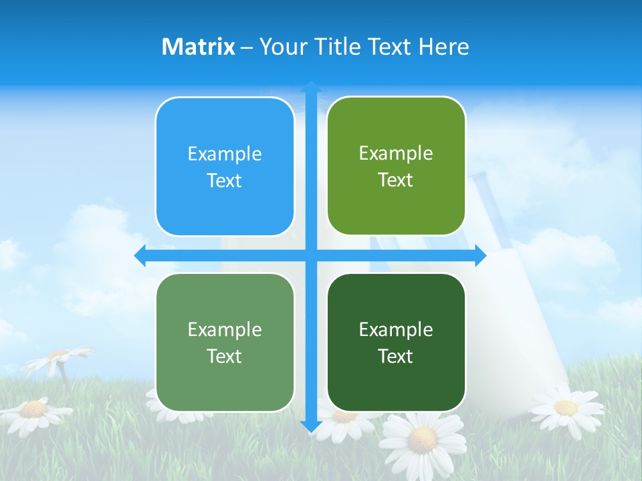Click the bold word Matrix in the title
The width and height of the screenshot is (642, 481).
point(199,47)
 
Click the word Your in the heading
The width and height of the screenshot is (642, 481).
point(283,47)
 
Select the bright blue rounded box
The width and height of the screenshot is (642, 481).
point(225,167)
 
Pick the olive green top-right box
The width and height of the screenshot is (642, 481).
point(396,166)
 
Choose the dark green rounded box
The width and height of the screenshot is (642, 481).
point(396,342)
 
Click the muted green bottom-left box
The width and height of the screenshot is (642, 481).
point(225,343)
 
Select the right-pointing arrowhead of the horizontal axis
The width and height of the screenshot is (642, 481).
point(480,255)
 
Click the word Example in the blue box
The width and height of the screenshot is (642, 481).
point(225,154)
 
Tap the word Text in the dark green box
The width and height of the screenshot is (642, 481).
point(396,356)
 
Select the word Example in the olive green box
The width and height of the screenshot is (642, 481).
point(396,153)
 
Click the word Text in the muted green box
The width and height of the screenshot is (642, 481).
point(225,356)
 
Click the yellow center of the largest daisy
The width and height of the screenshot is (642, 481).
point(423,439)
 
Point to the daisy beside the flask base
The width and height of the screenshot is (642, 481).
point(566,407)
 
